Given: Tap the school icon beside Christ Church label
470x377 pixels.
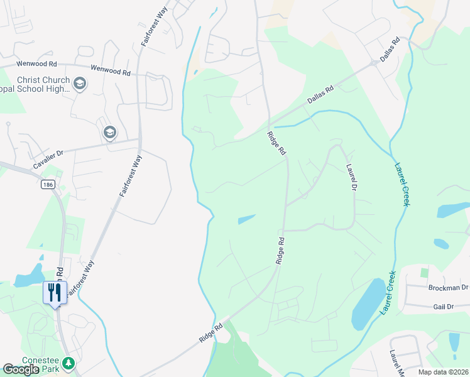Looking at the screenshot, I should (80, 84).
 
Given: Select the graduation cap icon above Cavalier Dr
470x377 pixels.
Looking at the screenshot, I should (109, 133).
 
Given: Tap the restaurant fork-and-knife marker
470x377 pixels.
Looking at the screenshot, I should (54, 293).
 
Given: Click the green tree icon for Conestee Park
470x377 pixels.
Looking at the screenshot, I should (68, 363).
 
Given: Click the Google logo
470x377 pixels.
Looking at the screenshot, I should (21, 369).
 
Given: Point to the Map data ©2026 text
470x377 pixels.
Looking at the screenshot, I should (443, 372).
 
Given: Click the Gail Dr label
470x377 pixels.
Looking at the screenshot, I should (442, 306).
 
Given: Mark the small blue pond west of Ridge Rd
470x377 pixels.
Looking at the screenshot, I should (247, 219).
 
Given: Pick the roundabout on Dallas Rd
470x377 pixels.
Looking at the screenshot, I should (374, 62).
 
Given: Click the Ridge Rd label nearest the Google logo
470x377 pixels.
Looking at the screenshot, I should (211, 332).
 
